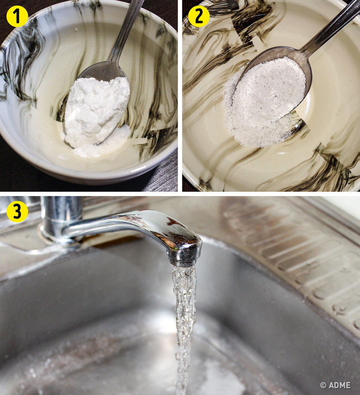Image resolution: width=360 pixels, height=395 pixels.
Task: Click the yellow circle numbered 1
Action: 17,16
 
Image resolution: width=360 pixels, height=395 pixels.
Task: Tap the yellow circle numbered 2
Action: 199,16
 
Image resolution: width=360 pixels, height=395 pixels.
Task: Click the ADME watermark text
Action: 339,385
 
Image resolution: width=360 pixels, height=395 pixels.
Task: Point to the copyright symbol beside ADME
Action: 323,385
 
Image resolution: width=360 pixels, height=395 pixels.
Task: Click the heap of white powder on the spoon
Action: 95,111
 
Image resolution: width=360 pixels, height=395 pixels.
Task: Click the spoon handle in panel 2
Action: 332,28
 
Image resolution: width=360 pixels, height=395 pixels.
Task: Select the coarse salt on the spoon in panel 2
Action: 270,88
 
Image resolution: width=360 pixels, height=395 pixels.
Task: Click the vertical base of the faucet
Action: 61,219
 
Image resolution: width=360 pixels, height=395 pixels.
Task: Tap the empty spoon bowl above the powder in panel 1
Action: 103,70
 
